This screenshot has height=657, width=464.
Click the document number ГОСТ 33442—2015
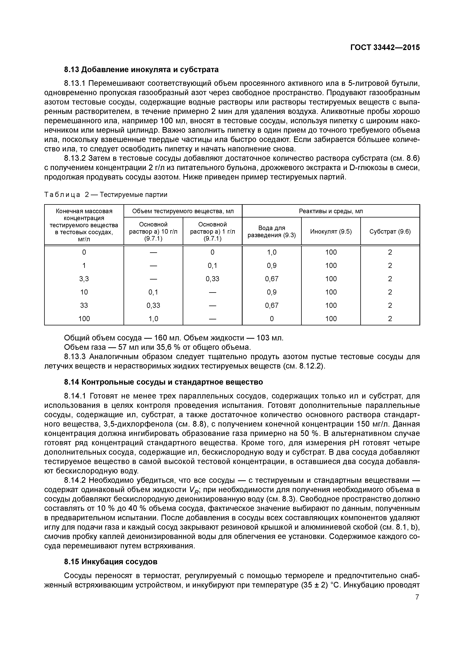point(385,48)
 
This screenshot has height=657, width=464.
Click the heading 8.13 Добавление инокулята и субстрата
point(141,70)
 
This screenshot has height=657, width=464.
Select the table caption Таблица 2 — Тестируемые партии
point(106,195)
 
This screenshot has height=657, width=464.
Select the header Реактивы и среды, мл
point(331,211)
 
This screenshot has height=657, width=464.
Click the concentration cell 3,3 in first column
point(84,279)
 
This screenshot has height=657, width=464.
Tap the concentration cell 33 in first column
point(84,305)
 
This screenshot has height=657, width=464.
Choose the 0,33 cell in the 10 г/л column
point(153,305)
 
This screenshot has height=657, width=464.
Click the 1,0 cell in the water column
point(272,252)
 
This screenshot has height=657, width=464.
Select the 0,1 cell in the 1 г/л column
point(212,265)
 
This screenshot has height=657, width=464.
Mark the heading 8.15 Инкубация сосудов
point(111,562)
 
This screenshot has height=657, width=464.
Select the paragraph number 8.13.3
point(75,357)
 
